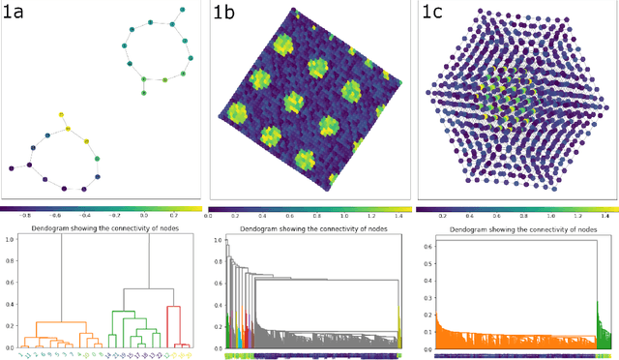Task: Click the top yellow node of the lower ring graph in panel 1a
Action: coord(59,113)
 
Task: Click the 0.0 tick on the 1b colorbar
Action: coord(211,215)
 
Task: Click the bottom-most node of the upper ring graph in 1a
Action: coord(142,95)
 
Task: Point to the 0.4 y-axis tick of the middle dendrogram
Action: coord(218,304)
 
